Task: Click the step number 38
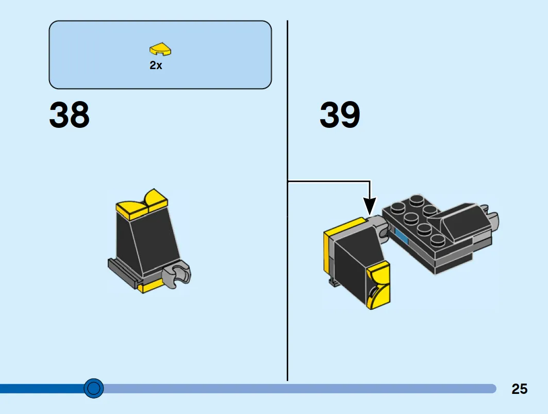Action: pyautogui.click(x=69, y=115)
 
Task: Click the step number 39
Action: pyautogui.click(x=340, y=115)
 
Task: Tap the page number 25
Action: pyautogui.click(x=519, y=389)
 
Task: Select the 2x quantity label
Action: pyautogui.click(x=156, y=66)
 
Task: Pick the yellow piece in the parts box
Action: pyautogui.click(x=160, y=49)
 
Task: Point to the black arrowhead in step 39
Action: pyautogui.click(x=370, y=206)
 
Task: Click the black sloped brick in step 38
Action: pyautogui.click(x=147, y=240)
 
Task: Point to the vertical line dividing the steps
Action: pyautogui.click(x=287, y=284)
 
